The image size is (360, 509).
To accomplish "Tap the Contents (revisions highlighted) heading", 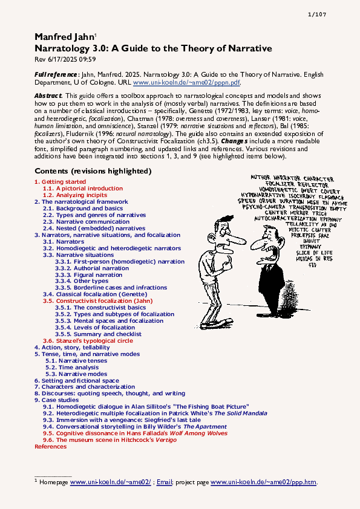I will (93, 171).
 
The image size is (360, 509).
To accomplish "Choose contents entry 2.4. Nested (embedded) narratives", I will (94, 229).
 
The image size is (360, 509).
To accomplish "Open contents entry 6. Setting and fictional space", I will (77, 380).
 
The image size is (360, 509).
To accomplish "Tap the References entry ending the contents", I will (51, 446).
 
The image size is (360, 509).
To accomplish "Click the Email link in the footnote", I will (165, 482).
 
